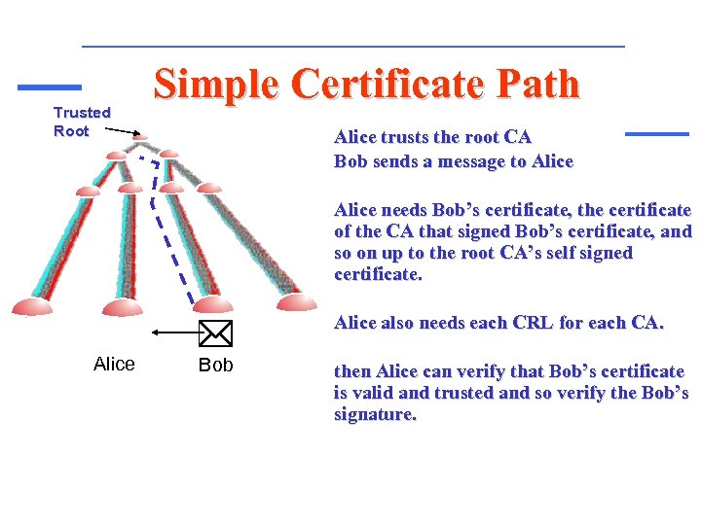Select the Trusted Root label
pos(81,122)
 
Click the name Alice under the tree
pos(114,365)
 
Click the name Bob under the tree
pos(215,366)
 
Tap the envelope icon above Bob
pos(215,333)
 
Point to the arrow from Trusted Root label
pos(123,131)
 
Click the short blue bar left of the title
pos(50,87)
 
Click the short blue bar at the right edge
pos(656,133)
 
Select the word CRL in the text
pos(534,323)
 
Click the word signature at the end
pos(375,415)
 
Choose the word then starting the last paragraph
pos(352,371)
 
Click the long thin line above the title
pos(352,47)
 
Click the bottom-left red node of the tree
pos(32,308)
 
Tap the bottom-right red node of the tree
pos(296,303)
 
